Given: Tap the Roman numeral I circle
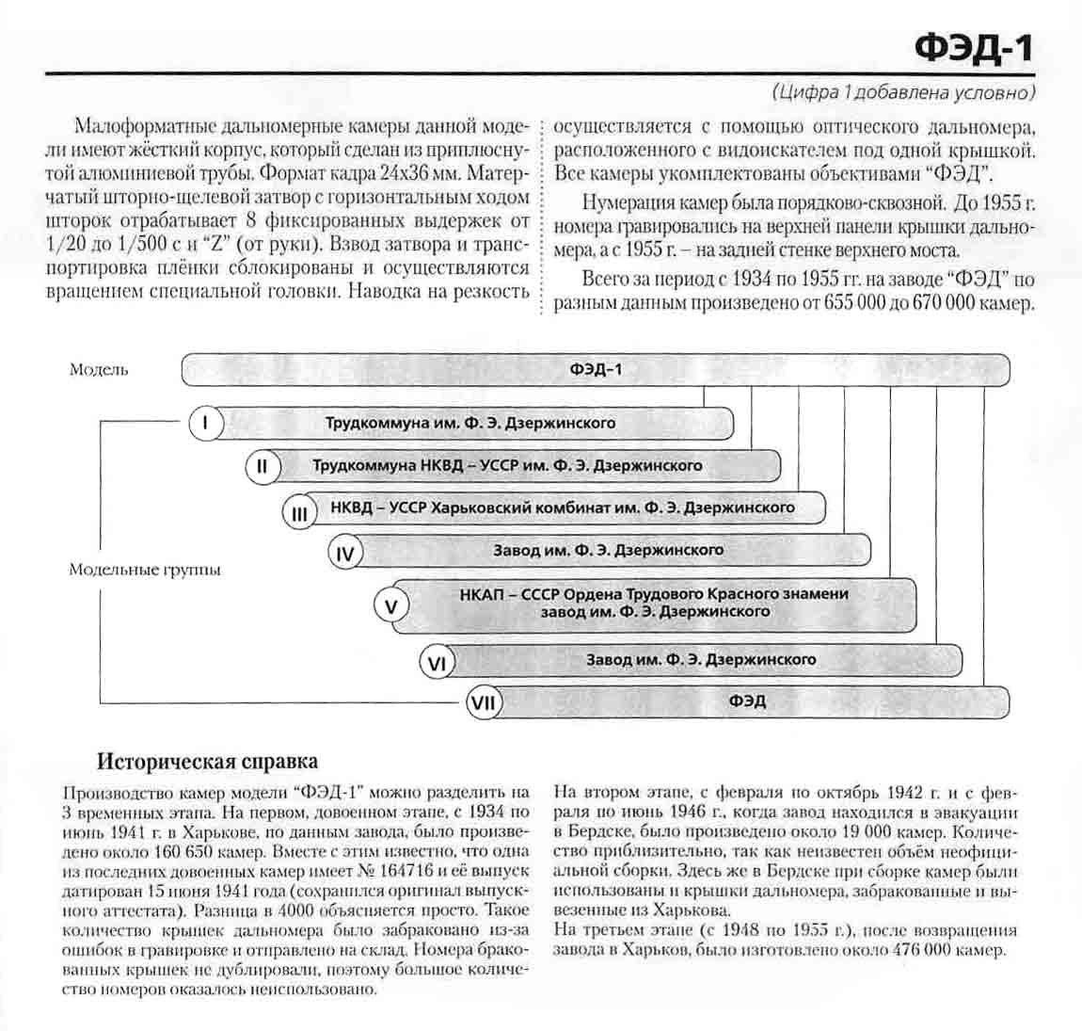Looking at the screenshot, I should tap(206, 424).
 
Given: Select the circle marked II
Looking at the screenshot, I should tap(263, 467).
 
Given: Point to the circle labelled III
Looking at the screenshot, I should tap(299, 513).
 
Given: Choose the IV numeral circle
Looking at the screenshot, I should tap(345, 554).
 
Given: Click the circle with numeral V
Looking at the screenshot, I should tap(391, 605).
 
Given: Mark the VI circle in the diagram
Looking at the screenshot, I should tap(437, 664).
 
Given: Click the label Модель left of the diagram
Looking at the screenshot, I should tap(99, 370).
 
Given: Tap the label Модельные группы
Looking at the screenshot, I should tap(145, 570).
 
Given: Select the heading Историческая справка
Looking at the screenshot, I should tap(208, 761).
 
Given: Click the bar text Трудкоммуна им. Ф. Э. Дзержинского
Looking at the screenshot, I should tap(470, 423).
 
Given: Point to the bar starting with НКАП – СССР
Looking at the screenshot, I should tap(654, 603).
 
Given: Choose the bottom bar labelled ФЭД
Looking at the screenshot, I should tap(747, 701).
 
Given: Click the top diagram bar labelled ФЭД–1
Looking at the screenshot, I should tap(595, 369).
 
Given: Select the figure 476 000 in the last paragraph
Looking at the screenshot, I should tap(903, 950).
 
